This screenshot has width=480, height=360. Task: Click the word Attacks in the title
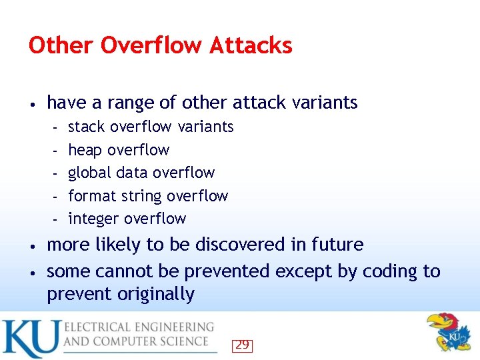251,45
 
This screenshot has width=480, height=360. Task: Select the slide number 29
242,345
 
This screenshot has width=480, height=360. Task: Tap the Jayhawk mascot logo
449,331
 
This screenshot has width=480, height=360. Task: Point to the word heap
85,150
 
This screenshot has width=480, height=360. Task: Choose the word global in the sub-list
89,173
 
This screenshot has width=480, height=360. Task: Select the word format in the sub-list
91,196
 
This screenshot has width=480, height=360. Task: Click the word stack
87,127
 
